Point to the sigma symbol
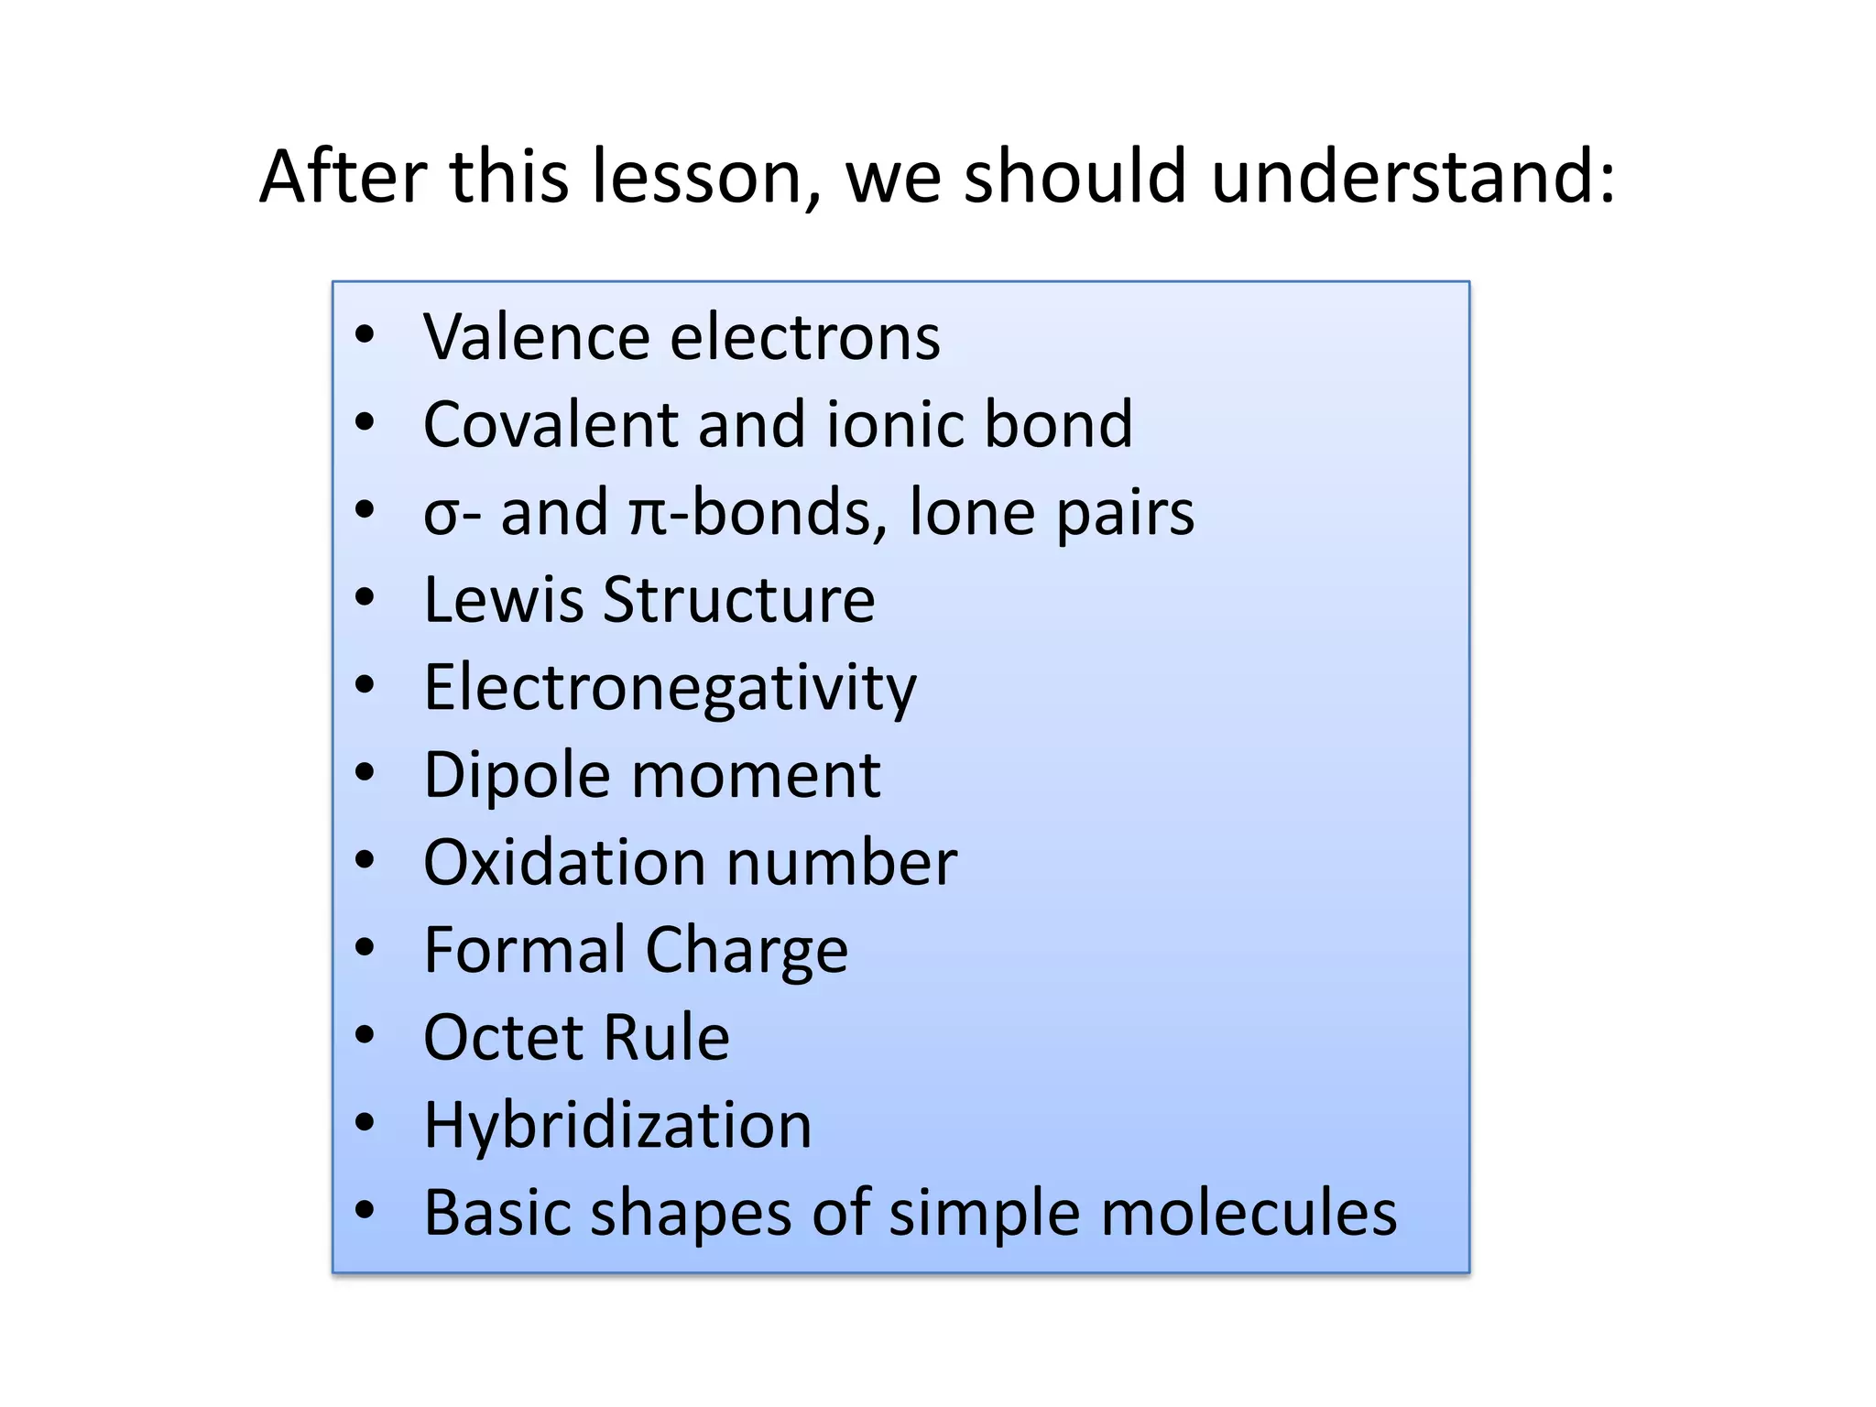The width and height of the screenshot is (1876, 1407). [442, 516]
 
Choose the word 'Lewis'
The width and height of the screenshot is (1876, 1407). [503, 600]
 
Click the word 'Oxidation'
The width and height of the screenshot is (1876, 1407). [564, 863]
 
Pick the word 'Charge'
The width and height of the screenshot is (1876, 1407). [747, 951]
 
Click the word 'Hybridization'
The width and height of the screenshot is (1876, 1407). [617, 1125]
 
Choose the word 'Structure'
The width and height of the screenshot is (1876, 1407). [739, 600]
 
